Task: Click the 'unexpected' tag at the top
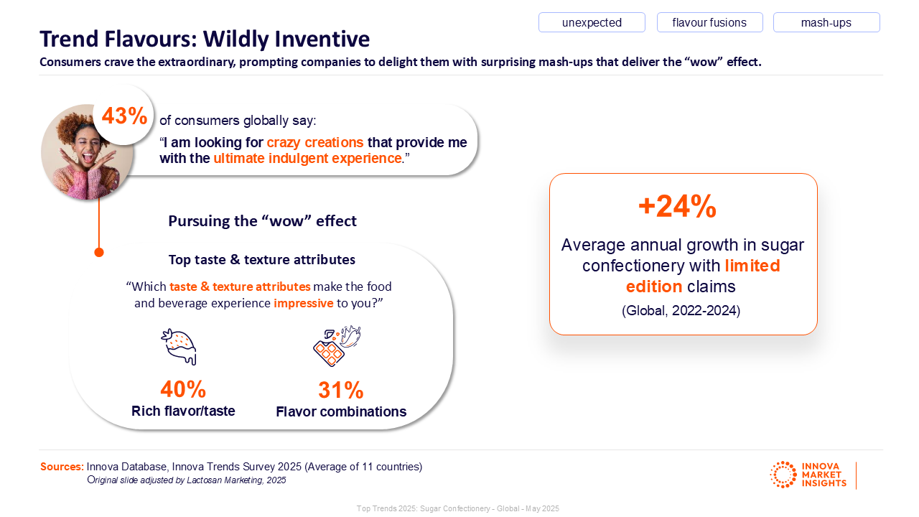[592, 22]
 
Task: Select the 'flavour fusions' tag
[709, 22]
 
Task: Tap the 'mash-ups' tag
[826, 22]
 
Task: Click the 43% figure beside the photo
[124, 116]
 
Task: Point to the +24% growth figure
[677, 207]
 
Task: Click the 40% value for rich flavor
[183, 389]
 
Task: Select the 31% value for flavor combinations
[341, 390]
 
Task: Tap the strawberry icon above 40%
[179, 346]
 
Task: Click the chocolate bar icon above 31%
[336, 346]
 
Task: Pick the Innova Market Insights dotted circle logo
[783, 475]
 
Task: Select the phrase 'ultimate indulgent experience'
[307, 158]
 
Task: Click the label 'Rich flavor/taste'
[183, 411]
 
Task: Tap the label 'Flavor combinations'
[341, 411]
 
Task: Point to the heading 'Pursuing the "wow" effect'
[262, 220]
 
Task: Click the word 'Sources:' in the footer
[62, 467]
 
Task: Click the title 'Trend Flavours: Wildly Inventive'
[205, 39]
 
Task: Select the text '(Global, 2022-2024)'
[681, 311]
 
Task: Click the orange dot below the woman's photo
[99, 252]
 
